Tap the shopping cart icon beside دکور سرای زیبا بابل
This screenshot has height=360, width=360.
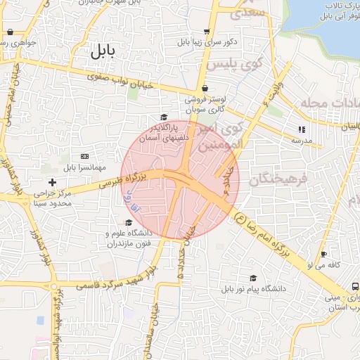click(x=206, y=32)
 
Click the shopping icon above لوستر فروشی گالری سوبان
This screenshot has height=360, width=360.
click(x=204, y=89)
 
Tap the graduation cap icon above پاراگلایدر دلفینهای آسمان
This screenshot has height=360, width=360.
click(x=163, y=117)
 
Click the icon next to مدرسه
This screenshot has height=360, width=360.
click(x=302, y=129)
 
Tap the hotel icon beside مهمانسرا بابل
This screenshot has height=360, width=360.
click(x=85, y=155)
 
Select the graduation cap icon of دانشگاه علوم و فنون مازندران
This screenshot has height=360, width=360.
click(x=128, y=223)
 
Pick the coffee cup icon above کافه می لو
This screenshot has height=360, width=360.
click(x=323, y=254)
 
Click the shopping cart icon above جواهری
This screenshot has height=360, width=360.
click(x=10, y=32)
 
